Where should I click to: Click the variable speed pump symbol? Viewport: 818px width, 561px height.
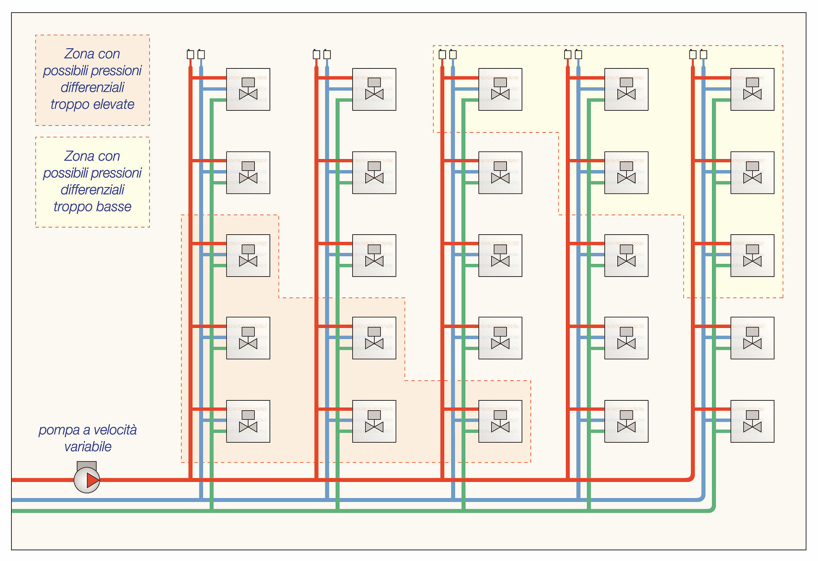click(x=87, y=480)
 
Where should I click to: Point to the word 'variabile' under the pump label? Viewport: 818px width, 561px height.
click(x=88, y=447)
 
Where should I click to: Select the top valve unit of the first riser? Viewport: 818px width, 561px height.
click(x=248, y=89)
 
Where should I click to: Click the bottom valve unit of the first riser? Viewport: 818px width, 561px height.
click(x=248, y=421)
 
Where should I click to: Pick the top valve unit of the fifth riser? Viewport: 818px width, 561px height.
click(x=752, y=89)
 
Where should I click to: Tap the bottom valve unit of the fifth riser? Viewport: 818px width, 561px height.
click(x=752, y=421)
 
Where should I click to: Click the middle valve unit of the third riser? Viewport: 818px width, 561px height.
click(x=500, y=256)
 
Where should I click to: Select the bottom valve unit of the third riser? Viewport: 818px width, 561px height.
click(x=500, y=421)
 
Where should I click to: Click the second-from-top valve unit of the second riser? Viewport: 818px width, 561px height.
click(x=374, y=173)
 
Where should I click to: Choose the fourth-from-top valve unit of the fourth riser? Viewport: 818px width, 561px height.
click(x=626, y=338)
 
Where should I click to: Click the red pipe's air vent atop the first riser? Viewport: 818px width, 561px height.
click(x=190, y=55)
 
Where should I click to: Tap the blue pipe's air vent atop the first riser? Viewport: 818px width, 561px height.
click(x=201, y=55)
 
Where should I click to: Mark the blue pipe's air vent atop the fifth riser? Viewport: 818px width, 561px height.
click(x=703, y=55)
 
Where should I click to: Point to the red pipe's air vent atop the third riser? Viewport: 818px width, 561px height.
click(x=442, y=55)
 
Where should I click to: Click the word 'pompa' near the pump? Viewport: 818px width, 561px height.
click(x=59, y=430)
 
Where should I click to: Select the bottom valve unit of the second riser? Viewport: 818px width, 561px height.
click(x=374, y=421)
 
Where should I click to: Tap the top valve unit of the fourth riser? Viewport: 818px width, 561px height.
click(x=626, y=89)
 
